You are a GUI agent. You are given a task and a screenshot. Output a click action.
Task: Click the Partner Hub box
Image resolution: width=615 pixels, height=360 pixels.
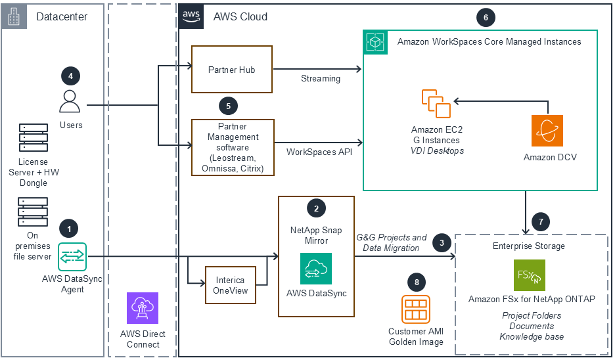pos(231,70)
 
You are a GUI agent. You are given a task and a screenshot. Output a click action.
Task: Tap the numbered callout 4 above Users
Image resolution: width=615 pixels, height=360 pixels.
pos(70,76)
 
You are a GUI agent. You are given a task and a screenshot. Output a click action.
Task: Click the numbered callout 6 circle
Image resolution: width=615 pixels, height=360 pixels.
pos(486,18)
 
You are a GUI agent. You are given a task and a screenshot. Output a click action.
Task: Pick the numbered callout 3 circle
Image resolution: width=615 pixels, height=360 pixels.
pos(442,243)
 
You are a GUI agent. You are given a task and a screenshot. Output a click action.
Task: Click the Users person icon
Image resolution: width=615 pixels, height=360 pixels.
pos(70,102)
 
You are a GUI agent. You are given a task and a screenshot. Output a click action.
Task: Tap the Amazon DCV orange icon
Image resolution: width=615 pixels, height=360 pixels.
pos(547,131)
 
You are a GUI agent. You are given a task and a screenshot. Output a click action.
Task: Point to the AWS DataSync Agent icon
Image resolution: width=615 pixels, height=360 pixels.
pos(72,256)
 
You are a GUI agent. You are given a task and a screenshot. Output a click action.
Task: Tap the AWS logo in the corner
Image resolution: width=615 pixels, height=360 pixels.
pos(191,16)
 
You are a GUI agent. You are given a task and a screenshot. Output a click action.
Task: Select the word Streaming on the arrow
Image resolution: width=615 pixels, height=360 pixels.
pos(321,79)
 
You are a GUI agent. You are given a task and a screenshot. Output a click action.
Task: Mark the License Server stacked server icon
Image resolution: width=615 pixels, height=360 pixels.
pos(33,137)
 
